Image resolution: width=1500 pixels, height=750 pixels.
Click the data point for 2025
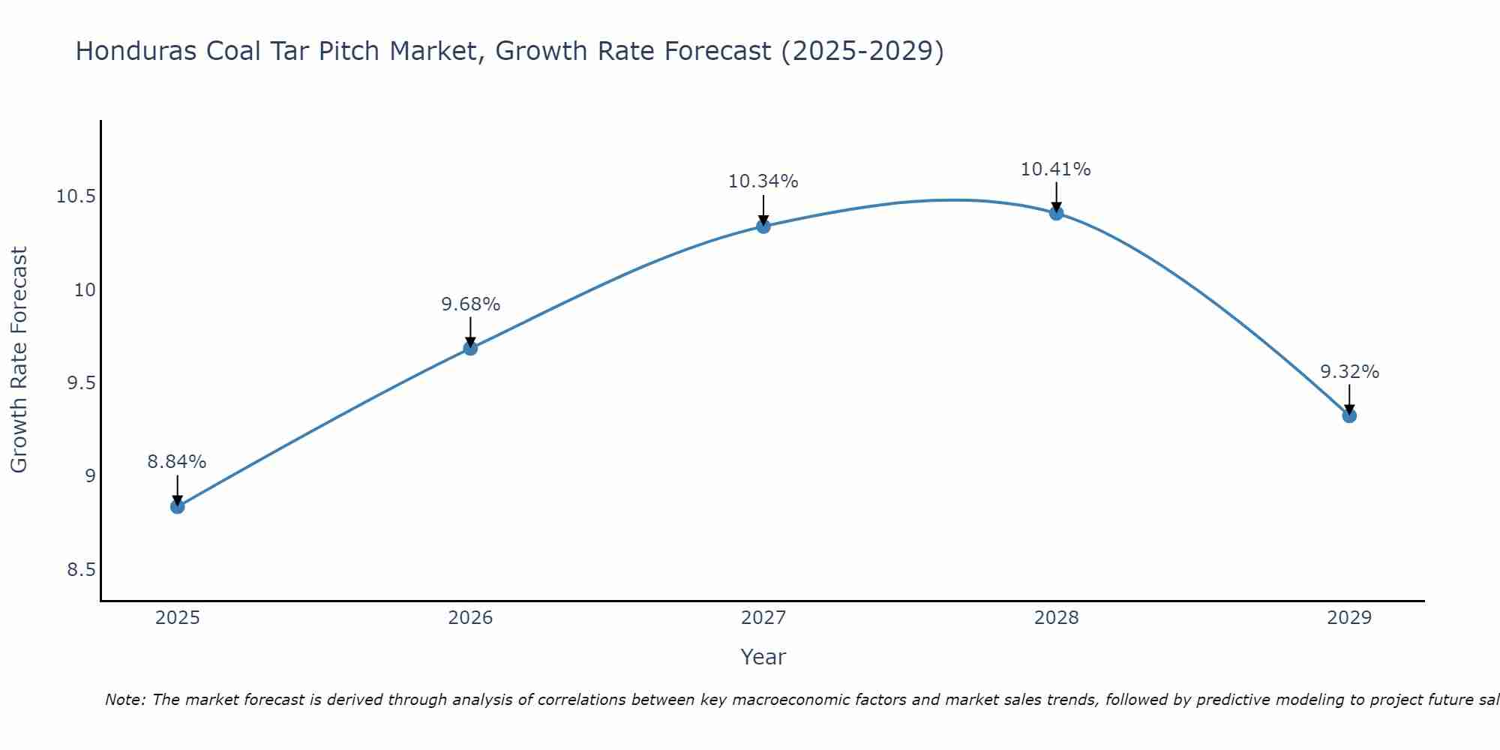(x=177, y=506)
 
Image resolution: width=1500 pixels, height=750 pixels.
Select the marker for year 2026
(x=470, y=348)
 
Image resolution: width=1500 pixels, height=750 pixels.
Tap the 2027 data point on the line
(x=763, y=226)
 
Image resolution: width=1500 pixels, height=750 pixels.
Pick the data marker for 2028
(x=1056, y=213)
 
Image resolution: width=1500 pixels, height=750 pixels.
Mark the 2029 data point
(x=1349, y=415)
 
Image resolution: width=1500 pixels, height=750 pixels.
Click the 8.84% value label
(x=177, y=462)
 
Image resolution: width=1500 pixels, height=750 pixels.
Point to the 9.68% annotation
(x=470, y=304)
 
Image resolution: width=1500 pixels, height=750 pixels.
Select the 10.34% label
(x=763, y=181)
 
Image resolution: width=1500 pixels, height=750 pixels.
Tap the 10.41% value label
(x=1056, y=169)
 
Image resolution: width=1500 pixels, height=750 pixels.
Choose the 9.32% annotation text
(x=1349, y=372)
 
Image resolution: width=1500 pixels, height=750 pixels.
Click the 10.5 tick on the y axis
(x=76, y=197)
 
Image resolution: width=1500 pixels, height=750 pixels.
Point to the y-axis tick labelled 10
(x=85, y=290)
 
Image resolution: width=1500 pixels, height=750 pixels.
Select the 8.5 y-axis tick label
(x=81, y=570)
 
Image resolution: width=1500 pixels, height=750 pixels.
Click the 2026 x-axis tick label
(x=470, y=618)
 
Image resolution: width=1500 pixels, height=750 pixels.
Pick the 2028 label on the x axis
(x=1056, y=618)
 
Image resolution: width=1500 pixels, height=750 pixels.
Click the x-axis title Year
(x=763, y=657)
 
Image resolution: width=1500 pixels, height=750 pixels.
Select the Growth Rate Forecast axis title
(x=19, y=360)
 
